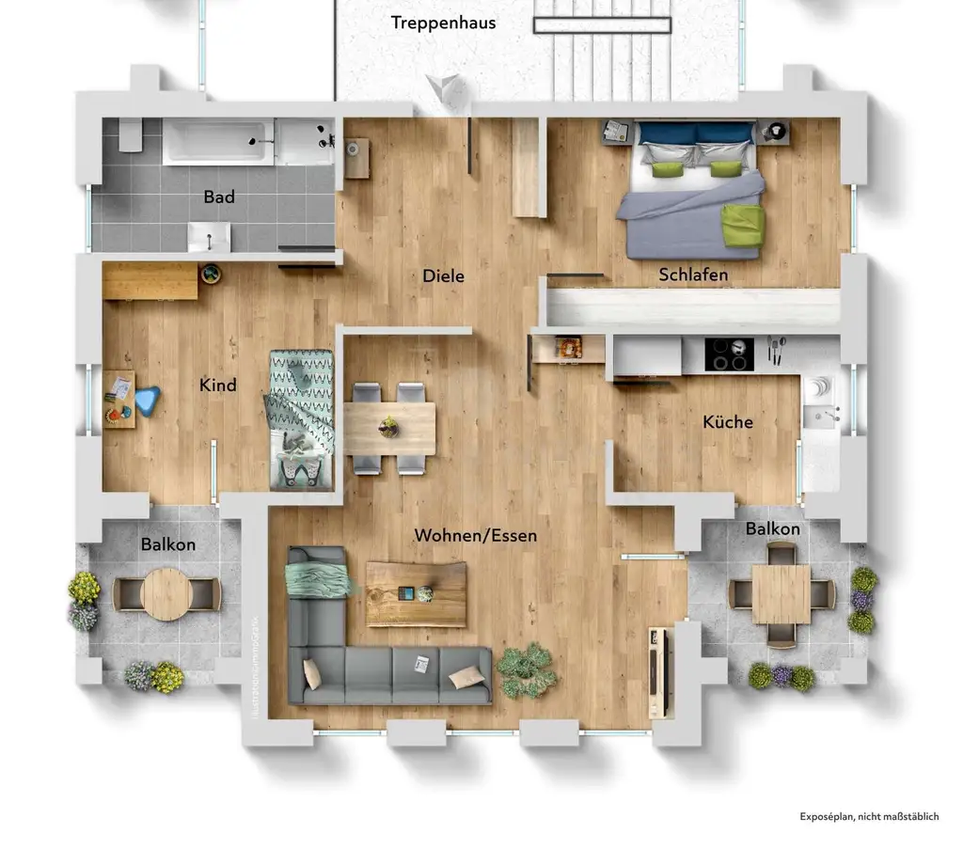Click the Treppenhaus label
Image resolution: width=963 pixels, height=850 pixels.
[443, 23]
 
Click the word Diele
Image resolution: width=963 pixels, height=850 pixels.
[443, 276]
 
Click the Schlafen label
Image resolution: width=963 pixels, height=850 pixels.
[693, 275]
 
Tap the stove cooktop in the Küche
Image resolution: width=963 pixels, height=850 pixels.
[729, 354]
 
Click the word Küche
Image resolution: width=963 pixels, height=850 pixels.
[728, 422]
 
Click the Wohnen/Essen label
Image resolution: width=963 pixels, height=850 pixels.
[476, 536]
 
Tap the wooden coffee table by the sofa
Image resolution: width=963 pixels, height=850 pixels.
[416, 593]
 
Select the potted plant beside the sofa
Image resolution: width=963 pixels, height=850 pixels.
[526, 669]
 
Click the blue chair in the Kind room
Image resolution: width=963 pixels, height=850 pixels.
[147, 401]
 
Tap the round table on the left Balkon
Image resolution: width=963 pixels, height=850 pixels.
[166, 593]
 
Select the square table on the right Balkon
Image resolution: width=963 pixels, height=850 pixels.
[781, 593]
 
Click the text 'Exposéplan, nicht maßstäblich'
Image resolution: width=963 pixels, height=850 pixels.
[869, 817]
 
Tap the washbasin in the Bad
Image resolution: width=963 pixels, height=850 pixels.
[209, 237]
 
